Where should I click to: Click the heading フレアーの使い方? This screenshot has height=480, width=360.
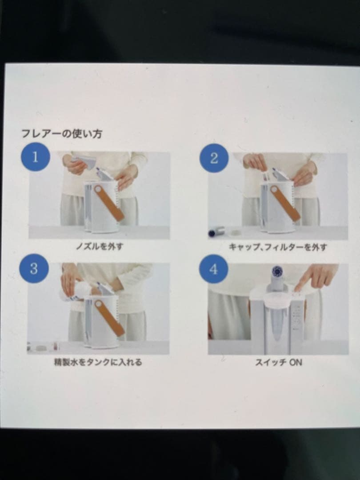tap(62, 133)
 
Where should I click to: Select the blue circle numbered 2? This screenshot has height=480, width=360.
tap(214, 158)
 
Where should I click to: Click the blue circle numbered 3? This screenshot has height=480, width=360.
tap(34, 268)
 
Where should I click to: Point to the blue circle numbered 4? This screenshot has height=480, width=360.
tap(213, 269)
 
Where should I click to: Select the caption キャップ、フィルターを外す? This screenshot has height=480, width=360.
tap(277, 247)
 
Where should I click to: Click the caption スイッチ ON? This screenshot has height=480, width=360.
tap(278, 362)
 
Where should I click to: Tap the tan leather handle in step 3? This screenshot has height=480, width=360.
tap(108, 316)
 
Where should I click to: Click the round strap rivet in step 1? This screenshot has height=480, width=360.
tap(97, 189)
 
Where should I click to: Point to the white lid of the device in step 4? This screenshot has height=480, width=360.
tap(276, 296)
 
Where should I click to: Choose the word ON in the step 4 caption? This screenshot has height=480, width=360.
tap(296, 362)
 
